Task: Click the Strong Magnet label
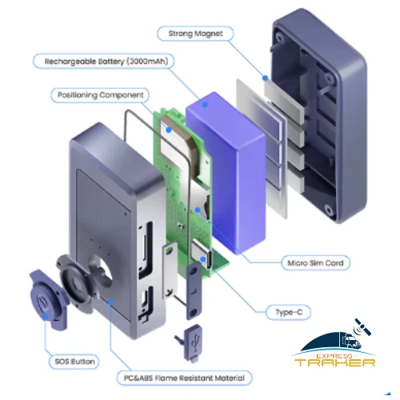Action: point(195,34)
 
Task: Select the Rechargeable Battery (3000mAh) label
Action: point(104,62)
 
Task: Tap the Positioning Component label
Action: point(100,95)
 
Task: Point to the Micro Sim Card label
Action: point(316,263)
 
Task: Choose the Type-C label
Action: point(289,312)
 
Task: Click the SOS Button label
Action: point(74,362)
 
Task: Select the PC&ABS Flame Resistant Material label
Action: point(184,378)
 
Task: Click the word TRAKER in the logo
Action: point(335,362)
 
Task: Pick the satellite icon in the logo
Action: point(362,327)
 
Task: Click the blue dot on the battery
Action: point(205,105)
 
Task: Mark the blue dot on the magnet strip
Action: point(265,78)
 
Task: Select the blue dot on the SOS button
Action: point(46,317)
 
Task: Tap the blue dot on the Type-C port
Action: point(203,259)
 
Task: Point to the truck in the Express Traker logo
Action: point(351,341)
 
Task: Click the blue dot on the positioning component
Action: point(169,130)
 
